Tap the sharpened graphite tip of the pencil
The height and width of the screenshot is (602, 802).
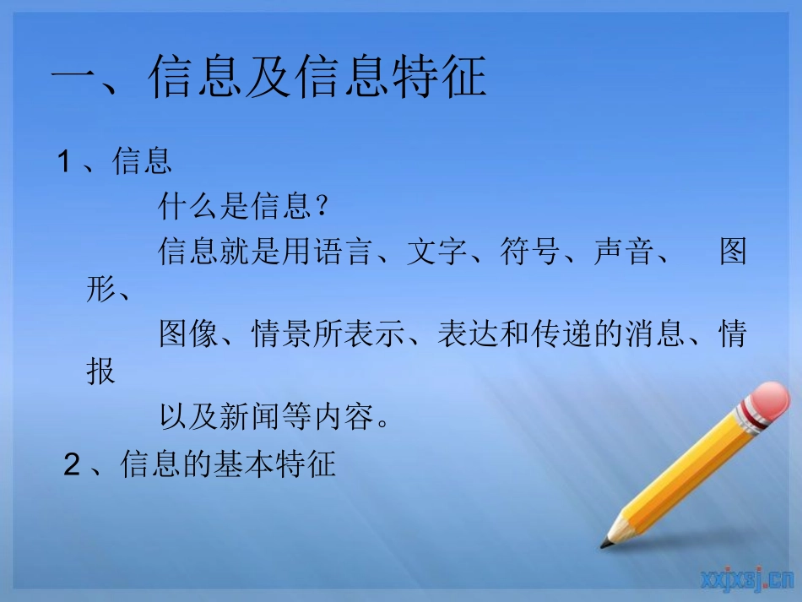click(605, 542)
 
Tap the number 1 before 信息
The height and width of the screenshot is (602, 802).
click(63, 161)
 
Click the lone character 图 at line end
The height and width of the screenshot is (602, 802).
click(733, 252)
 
